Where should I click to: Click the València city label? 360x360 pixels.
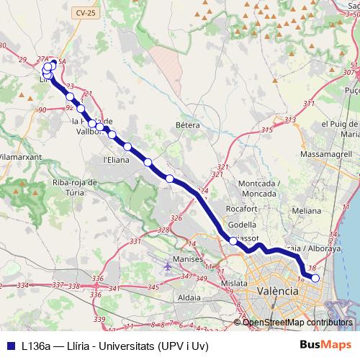[x=277, y=290]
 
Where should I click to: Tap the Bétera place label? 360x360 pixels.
[x=187, y=125]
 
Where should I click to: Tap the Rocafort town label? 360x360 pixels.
[x=241, y=208]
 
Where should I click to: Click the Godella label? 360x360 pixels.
[x=241, y=225]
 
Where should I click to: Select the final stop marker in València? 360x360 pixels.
[x=315, y=277]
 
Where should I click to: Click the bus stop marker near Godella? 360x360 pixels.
[x=233, y=241]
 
